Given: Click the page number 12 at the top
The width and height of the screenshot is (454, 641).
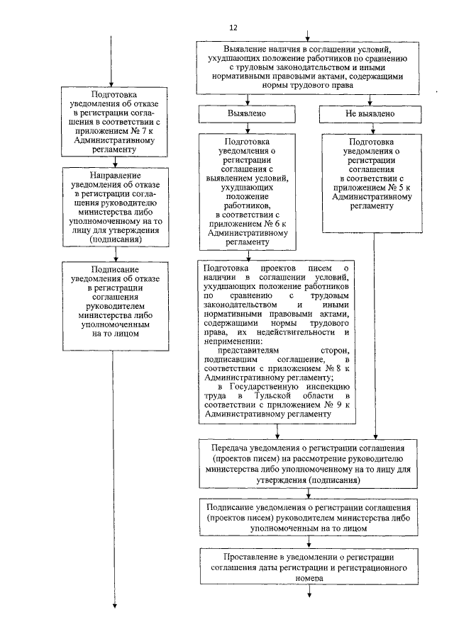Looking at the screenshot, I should point(234,27).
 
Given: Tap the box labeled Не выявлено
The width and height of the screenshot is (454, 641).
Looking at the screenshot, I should point(368,113).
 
